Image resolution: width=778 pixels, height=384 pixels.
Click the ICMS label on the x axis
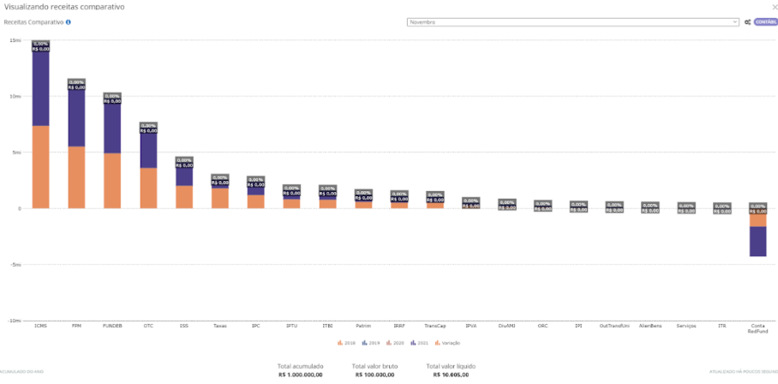40,326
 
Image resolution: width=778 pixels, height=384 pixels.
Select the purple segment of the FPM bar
76,118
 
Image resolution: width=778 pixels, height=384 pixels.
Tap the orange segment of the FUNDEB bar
112,180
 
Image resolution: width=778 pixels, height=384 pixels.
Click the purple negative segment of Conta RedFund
757,241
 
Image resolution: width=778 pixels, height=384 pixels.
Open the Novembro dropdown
572,22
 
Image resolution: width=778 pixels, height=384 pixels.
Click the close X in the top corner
774,6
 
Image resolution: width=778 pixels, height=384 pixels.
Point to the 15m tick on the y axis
15,40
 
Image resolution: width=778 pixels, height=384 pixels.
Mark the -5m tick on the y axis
15,265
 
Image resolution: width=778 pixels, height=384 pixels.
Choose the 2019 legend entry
371,343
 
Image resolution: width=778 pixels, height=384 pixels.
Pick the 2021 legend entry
422,343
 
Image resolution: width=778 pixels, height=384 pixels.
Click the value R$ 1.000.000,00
301,375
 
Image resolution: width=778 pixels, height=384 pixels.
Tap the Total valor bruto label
374,366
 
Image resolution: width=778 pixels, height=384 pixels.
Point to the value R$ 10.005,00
451,375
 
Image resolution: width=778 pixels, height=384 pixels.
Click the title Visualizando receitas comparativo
64,6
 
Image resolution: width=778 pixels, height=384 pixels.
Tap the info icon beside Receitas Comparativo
69,22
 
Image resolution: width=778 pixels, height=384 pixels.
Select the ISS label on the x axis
184,326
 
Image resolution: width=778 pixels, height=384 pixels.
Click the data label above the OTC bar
148,129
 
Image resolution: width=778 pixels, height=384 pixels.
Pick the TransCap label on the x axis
434,326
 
